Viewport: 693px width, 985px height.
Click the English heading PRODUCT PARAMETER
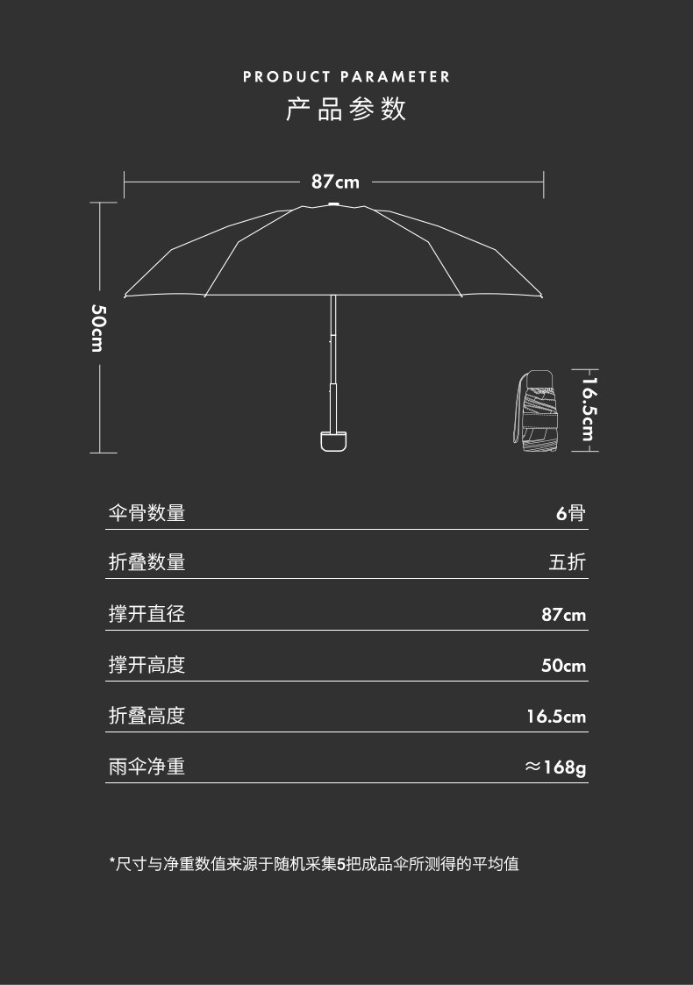346,77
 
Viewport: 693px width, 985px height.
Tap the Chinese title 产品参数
346,111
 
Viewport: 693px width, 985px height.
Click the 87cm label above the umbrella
335,182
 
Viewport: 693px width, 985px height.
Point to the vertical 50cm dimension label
98,327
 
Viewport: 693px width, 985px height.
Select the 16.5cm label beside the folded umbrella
588,410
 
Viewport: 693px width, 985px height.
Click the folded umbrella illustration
537,410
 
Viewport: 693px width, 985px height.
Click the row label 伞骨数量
146,513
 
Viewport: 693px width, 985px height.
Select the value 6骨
570,513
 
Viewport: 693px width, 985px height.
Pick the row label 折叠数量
146,562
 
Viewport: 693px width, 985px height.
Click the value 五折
567,562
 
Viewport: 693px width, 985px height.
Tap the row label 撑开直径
146,614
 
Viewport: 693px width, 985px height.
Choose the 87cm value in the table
563,615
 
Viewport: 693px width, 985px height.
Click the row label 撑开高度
146,665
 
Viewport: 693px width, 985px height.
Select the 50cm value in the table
563,666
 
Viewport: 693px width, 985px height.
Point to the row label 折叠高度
146,716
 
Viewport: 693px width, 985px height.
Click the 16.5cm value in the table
556,717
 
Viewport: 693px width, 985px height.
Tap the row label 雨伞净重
146,767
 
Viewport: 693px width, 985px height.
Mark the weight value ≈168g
555,767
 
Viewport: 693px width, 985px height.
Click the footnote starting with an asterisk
314,864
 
